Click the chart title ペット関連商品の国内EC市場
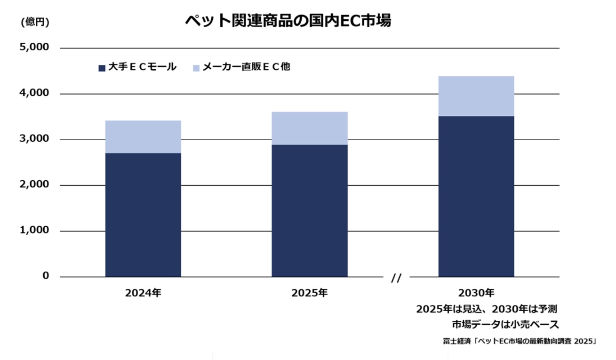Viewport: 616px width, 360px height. click(288, 21)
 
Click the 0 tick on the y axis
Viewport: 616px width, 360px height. click(46, 276)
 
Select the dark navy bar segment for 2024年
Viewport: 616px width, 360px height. click(143, 215)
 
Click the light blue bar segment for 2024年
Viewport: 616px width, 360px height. click(143, 136)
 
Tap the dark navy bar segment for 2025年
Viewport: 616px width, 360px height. click(310, 210)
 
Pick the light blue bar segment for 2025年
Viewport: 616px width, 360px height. click(310, 128)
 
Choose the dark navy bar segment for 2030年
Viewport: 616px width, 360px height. click(476, 196)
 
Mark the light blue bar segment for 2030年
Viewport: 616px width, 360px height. click(476, 96)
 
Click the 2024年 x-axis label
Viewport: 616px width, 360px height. click(143, 293)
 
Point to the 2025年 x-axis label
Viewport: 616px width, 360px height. click(310, 293)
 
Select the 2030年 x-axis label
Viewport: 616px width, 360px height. click(476, 293)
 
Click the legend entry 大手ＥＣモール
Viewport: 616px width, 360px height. click(137, 67)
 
